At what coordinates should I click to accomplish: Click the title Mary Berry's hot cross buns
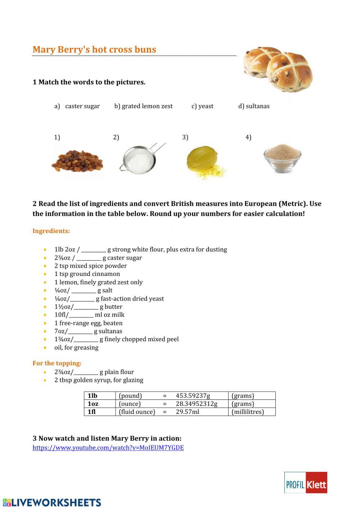coord(94,49)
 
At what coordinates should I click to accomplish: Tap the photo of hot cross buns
coord(278,68)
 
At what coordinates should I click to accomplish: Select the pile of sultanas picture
coord(77,161)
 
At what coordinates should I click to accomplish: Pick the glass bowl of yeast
coord(282,158)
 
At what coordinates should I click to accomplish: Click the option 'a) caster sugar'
coord(77,106)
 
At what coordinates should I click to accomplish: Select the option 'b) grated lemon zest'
coord(143,106)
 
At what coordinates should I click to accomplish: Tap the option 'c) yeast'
coord(202,106)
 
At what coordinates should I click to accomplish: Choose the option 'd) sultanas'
coord(254,106)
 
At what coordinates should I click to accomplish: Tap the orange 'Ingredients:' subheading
coord(51,231)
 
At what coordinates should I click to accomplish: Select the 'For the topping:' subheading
coord(57,363)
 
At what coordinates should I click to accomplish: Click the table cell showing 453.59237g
coord(193,396)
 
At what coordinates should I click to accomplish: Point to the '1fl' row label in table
coord(92,412)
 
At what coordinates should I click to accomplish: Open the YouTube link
coord(108,448)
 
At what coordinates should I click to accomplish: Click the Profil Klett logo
coord(306,483)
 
